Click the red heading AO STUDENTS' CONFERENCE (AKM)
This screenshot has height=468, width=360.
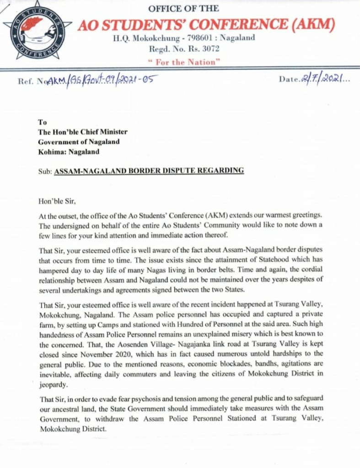(x=206, y=24)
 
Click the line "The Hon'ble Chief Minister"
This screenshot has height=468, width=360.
(x=83, y=132)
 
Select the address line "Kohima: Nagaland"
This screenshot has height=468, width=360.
(x=69, y=151)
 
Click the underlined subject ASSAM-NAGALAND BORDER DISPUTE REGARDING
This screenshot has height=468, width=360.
(x=149, y=171)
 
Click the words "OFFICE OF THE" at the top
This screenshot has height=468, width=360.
(x=183, y=9)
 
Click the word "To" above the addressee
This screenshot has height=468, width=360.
(x=43, y=122)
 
